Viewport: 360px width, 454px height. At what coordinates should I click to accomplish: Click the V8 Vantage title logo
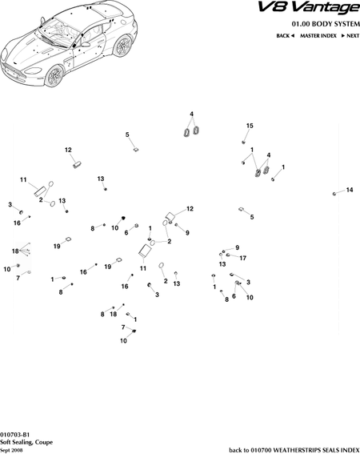tap(309, 8)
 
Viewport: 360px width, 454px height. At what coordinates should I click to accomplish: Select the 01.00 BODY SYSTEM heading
tap(326, 24)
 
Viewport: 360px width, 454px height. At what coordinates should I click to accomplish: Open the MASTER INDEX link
tap(318, 35)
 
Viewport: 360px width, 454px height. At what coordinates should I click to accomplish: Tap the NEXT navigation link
tap(350, 35)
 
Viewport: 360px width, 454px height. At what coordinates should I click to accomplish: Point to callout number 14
tap(350, 190)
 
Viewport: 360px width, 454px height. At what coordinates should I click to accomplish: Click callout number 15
tap(250, 126)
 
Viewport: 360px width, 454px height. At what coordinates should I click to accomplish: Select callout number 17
tap(242, 258)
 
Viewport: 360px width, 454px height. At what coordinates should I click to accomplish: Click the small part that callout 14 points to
tap(334, 194)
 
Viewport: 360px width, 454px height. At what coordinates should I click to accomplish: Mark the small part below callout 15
tap(243, 142)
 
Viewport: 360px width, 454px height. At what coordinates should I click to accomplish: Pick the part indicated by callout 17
tap(228, 255)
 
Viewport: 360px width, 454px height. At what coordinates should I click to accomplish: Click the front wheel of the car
tap(54, 76)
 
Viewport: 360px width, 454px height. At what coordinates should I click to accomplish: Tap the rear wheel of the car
tap(122, 46)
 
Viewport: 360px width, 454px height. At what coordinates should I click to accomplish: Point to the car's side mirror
tap(86, 45)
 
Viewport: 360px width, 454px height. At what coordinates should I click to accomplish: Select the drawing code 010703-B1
tap(14, 435)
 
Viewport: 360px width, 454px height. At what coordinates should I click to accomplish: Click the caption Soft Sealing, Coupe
tap(26, 442)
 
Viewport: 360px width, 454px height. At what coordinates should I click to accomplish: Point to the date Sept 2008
tap(11, 450)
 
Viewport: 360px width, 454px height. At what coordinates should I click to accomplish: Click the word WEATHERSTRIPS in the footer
tap(295, 450)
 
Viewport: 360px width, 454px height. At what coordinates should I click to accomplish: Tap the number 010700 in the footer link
tap(261, 450)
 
